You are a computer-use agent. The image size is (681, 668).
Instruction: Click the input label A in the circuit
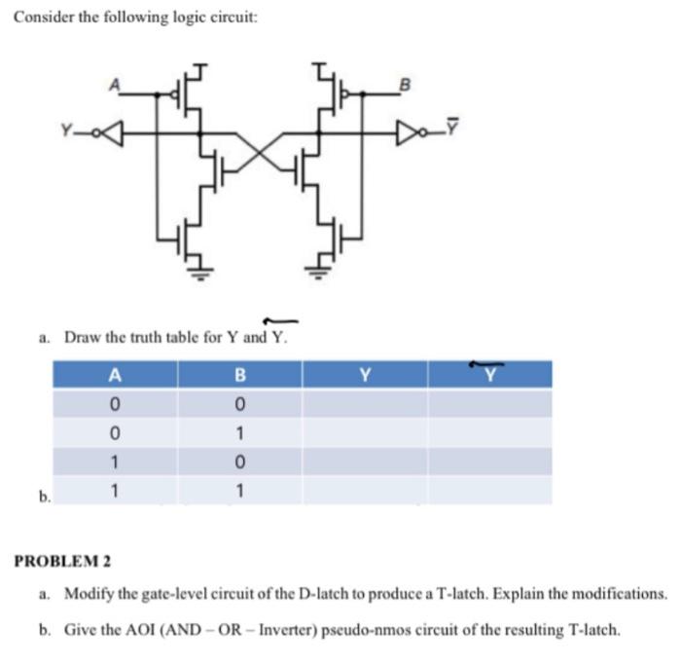click(119, 84)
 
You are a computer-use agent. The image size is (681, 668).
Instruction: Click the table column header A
click(116, 374)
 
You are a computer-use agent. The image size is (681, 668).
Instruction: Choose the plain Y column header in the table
click(365, 374)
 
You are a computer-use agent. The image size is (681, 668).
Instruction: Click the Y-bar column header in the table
click(489, 374)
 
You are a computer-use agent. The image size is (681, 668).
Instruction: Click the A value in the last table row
click(116, 490)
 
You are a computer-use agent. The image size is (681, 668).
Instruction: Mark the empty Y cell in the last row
click(365, 490)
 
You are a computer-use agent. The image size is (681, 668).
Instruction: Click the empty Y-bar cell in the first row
click(489, 403)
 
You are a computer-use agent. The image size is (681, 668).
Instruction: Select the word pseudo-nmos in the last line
click(358, 629)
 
